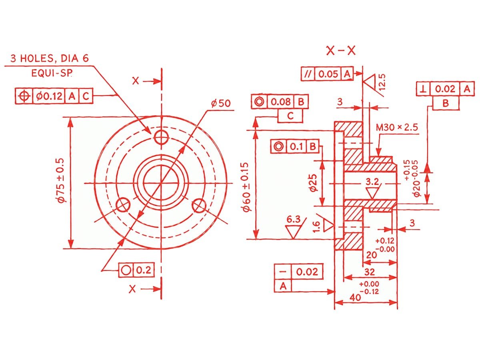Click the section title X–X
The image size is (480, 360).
click(340, 51)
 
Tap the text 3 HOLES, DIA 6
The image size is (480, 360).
click(50, 58)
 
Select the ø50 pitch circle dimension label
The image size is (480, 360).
click(221, 103)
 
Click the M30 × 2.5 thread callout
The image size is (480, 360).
click(397, 127)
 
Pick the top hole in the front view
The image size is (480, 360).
click(161, 138)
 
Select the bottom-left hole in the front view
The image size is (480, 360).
click(123, 204)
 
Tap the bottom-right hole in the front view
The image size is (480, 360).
click(199, 205)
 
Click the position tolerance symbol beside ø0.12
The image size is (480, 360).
click(24, 96)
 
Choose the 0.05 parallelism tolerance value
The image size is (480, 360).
click(328, 74)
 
